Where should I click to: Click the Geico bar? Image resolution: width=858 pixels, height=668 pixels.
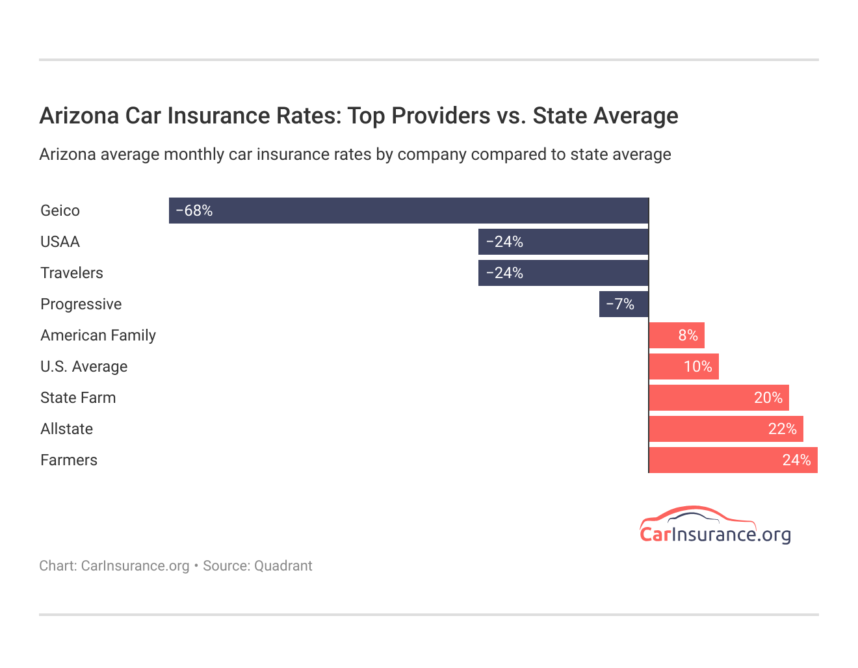tap(408, 211)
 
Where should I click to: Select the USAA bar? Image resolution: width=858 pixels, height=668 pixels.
tap(563, 242)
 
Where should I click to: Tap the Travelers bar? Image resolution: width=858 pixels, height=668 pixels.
tap(563, 273)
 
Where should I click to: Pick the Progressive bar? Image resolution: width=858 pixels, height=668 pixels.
tap(623, 304)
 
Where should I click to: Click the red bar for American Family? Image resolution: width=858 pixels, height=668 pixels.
tap(677, 335)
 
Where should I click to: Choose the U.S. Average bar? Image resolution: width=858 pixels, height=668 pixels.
tap(684, 366)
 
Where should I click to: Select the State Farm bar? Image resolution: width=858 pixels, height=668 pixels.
tap(719, 398)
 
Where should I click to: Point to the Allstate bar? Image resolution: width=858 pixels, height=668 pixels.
tap(726, 429)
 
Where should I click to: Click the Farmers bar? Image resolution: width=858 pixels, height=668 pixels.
tap(733, 460)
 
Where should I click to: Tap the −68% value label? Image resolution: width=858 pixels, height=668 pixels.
tap(194, 211)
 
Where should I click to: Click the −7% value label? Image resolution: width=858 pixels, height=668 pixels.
tap(620, 304)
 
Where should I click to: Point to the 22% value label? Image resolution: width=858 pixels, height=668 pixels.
tap(782, 429)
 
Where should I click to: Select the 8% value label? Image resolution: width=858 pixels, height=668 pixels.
tap(688, 335)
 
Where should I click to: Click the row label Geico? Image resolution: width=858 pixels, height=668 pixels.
tap(60, 211)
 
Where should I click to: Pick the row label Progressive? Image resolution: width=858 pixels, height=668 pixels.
tap(81, 304)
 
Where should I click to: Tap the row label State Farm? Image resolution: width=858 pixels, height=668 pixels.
tap(78, 398)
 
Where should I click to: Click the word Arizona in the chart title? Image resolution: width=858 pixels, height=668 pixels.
tap(79, 116)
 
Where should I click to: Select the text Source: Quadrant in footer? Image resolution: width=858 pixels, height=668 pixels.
tap(257, 566)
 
